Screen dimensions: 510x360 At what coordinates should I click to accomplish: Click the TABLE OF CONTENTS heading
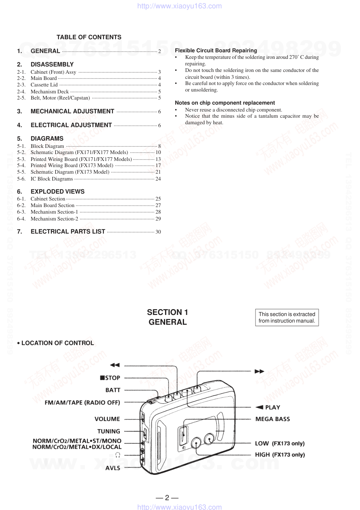click(x=89, y=37)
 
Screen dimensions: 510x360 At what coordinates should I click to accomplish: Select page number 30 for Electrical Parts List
click(x=158, y=232)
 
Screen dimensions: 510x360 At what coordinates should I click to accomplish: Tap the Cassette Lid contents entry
click(x=44, y=85)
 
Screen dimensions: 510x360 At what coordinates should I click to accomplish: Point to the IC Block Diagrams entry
click(x=52, y=179)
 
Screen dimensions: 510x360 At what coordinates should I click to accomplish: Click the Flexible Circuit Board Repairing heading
click(x=216, y=50)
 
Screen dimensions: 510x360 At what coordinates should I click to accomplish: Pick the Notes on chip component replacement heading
click(x=225, y=103)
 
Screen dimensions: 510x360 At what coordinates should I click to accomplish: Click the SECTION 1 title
click(x=167, y=312)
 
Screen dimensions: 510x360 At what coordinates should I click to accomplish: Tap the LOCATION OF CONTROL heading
click(x=57, y=343)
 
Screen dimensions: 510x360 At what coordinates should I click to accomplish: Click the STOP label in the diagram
click(x=110, y=378)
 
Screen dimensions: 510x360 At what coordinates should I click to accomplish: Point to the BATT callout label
click(x=113, y=390)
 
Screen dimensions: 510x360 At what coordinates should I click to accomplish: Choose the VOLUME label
click(x=107, y=419)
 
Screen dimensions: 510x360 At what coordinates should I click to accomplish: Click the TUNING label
click(x=109, y=431)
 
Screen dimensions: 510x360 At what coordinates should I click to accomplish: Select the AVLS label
click(x=112, y=468)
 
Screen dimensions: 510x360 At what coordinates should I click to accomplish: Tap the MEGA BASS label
click(x=273, y=419)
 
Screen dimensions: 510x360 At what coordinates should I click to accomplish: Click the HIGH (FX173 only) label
click(x=280, y=454)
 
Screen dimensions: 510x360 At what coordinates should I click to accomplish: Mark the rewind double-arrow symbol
click(x=115, y=365)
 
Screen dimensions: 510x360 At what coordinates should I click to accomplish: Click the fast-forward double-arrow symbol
click(x=259, y=371)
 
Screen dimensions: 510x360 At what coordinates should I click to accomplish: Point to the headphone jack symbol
click(x=118, y=455)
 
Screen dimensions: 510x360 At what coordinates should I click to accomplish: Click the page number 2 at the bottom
click(x=167, y=498)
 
